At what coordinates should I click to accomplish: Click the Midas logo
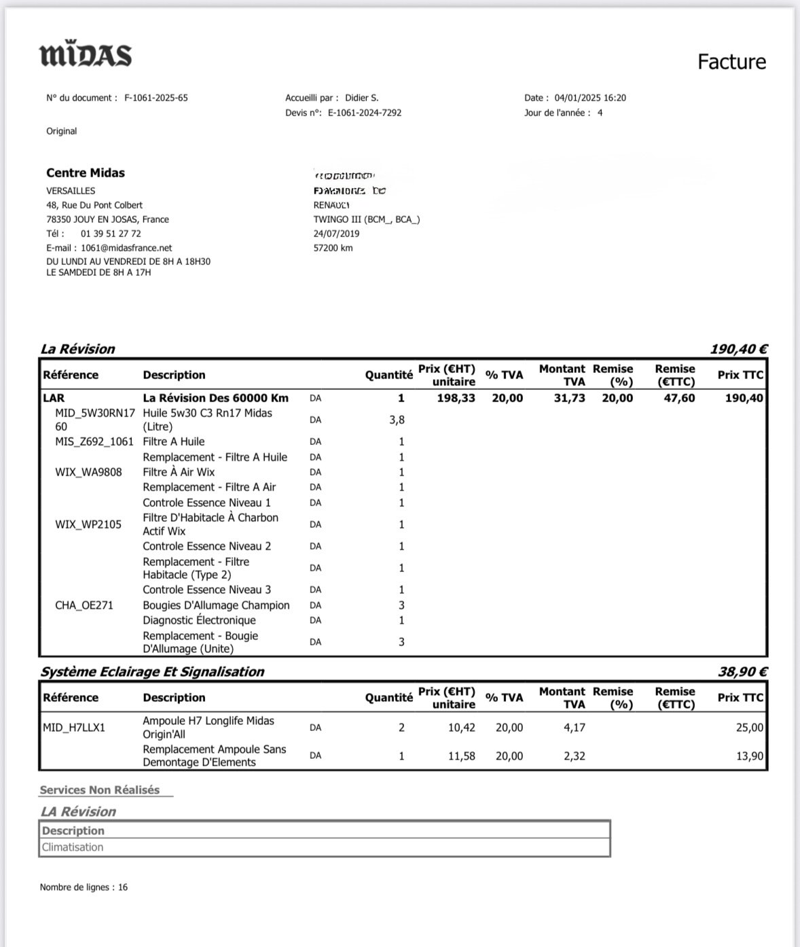tap(86, 55)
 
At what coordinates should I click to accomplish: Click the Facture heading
tap(731, 62)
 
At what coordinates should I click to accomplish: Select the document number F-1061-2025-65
tap(156, 98)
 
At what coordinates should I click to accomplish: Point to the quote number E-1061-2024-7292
tap(365, 113)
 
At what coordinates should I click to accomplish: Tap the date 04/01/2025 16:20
tap(590, 98)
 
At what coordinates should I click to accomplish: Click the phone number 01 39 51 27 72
tap(111, 234)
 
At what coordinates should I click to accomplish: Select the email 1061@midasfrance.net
tap(126, 248)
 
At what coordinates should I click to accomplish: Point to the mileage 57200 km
tap(333, 248)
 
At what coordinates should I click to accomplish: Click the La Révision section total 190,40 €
tap(739, 349)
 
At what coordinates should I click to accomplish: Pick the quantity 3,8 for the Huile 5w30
tap(397, 420)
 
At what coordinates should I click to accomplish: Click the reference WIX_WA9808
tap(88, 472)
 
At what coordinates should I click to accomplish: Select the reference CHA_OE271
tap(84, 605)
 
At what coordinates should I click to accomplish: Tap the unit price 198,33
tap(456, 398)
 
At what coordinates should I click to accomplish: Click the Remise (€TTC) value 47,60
tap(679, 398)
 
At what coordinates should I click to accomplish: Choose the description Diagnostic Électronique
tap(199, 620)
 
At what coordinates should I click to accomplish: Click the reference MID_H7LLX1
tap(74, 728)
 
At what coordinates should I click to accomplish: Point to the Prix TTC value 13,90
tap(750, 755)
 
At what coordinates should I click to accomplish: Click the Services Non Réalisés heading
tap(100, 790)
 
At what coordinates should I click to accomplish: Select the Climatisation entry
tap(73, 847)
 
